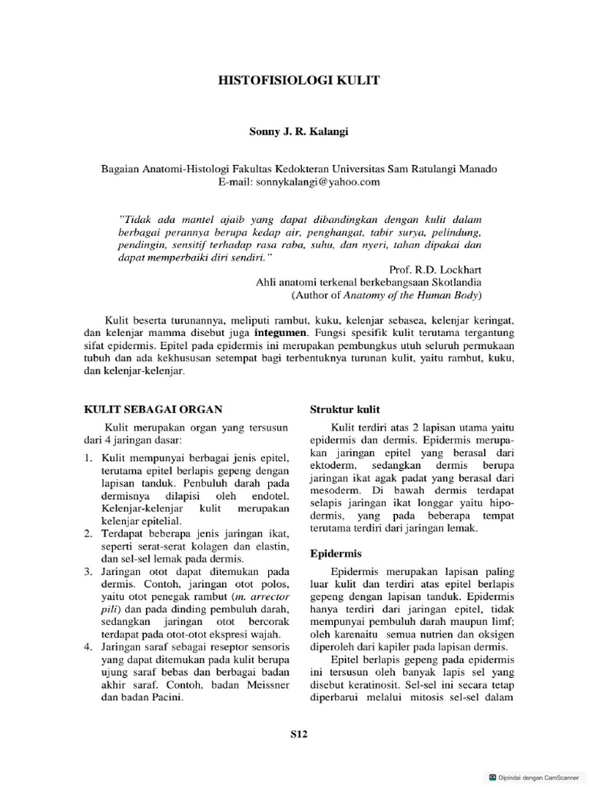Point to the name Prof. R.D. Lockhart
coord(434,270)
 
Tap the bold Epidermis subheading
coord(336,553)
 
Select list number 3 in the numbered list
coord(87,571)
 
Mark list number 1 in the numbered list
coord(87,457)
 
